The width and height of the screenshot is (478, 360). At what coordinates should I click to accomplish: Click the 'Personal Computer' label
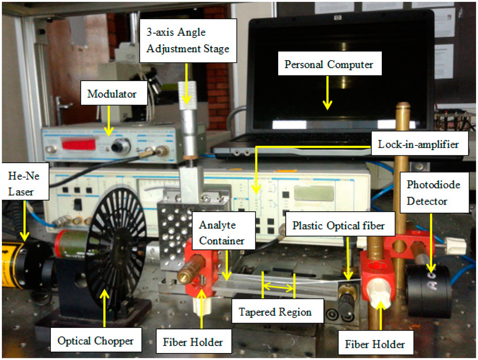click(x=329, y=64)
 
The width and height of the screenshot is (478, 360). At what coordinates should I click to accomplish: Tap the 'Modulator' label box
click(x=112, y=94)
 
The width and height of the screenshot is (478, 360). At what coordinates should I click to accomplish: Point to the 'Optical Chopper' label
click(x=95, y=341)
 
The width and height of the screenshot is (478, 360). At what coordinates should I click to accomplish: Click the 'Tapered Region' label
click(x=275, y=312)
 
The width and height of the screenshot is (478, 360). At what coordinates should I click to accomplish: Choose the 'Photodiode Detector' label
click(x=427, y=193)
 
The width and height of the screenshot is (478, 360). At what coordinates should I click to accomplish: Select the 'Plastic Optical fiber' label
click(x=338, y=226)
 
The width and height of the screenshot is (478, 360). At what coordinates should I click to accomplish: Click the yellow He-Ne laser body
click(x=12, y=264)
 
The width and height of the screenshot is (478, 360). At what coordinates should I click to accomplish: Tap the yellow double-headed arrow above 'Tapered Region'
click(x=279, y=287)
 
